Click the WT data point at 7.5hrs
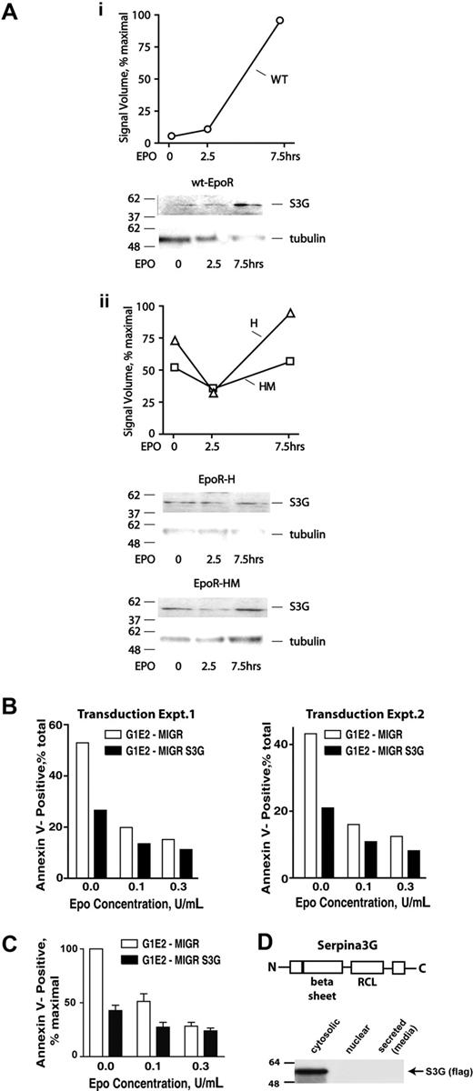[279, 20]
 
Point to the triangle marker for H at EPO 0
[174, 341]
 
